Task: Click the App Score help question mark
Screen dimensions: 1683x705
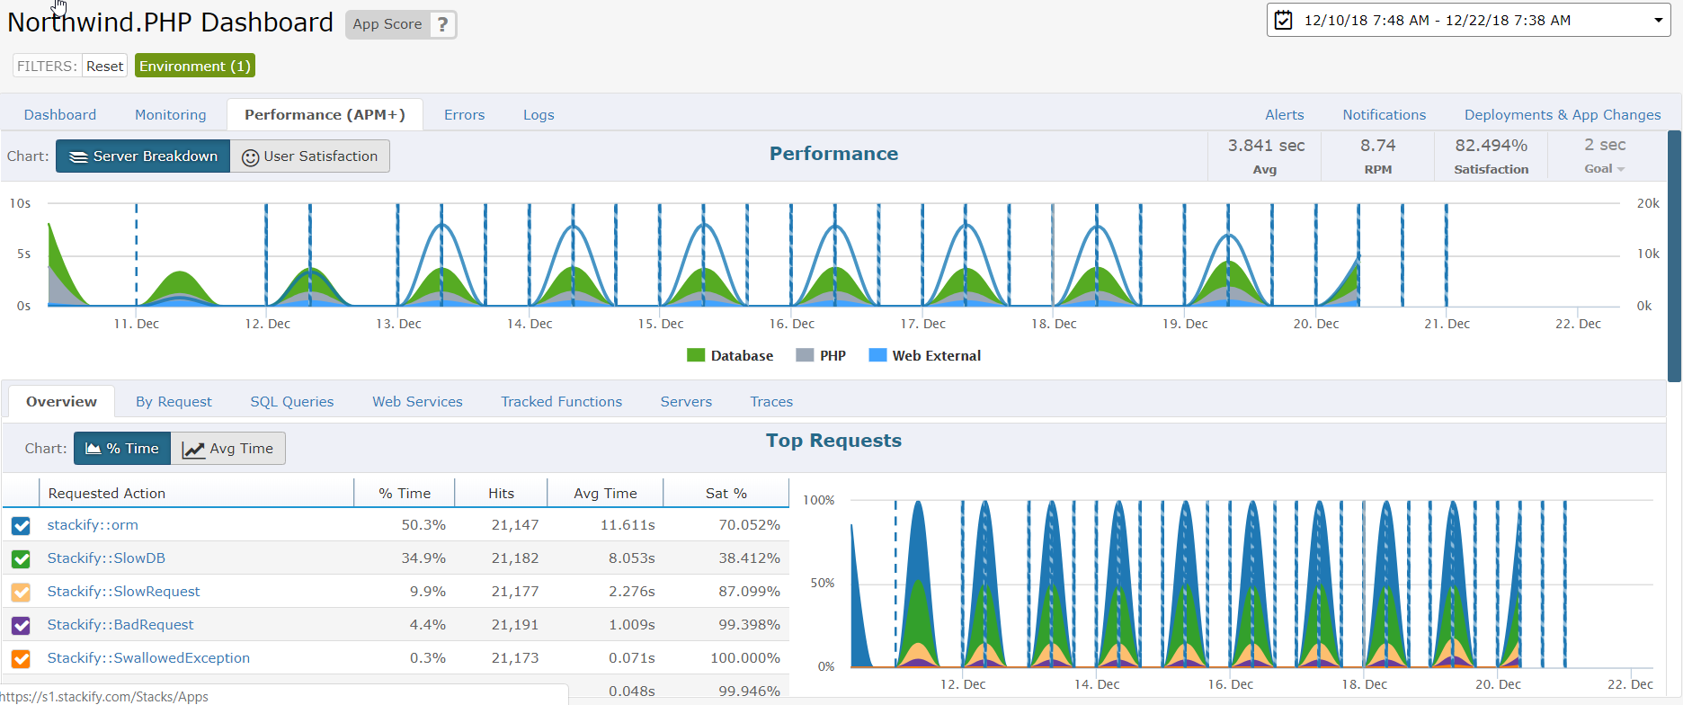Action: point(441,24)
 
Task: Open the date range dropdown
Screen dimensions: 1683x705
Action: point(1468,21)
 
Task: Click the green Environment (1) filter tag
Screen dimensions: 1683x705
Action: point(195,66)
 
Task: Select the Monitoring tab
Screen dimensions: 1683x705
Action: point(171,115)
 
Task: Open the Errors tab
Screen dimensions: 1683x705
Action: point(464,115)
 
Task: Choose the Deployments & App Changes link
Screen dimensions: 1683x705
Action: point(1563,115)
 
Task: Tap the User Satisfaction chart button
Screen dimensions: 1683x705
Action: point(310,156)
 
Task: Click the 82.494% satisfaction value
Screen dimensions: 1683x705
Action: point(1491,146)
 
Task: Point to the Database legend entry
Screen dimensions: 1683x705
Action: point(730,355)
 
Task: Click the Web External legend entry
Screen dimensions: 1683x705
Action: point(925,355)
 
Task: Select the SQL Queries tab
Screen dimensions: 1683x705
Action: point(292,402)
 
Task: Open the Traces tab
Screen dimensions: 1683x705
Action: point(771,402)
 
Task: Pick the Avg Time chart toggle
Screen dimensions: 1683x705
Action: point(228,449)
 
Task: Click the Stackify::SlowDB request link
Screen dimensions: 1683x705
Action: point(106,558)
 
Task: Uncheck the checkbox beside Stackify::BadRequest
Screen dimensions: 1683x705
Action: point(21,625)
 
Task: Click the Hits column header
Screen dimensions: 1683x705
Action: point(501,494)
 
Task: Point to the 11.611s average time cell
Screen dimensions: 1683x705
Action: point(628,525)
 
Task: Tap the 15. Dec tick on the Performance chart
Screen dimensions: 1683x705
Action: point(661,324)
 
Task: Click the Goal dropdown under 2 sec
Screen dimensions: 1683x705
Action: point(1605,169)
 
